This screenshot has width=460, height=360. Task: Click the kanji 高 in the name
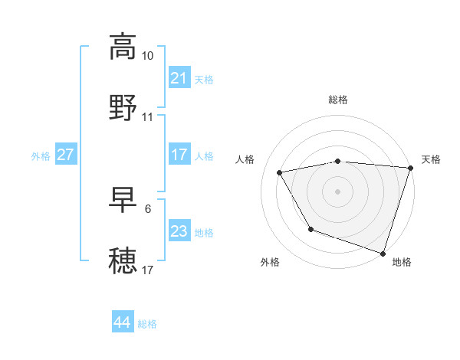(x=123, y=47)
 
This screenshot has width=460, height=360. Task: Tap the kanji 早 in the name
(x=123, y=200)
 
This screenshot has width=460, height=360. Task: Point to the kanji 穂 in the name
(x=123, y=260)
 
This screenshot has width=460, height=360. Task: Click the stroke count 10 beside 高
(x=147, y=56)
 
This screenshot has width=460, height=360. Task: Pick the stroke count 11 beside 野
(x=147, y=117)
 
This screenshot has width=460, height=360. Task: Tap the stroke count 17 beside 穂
(x=147, y=270)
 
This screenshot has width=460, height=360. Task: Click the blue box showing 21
(x=179, y=78)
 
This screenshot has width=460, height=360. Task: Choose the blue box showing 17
(x=179, y=155)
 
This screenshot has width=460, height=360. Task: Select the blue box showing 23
(x=179, y=231)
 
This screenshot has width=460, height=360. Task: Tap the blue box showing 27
(x=65, y=155)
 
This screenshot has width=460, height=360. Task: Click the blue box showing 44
(x=122, y=322)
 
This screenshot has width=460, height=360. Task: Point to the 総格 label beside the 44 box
(x=147, y=324)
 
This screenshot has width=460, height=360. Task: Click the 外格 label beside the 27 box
(x=41, y=155)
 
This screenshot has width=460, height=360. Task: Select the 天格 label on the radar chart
(x=431, y=159)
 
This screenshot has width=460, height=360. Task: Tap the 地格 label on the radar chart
(x=402, y=262)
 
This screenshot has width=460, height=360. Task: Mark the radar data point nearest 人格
(x=280, y=172)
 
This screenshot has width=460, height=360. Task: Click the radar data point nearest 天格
(x=410, y=168)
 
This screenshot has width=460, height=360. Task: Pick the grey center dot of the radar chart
(x=337, y=191)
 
